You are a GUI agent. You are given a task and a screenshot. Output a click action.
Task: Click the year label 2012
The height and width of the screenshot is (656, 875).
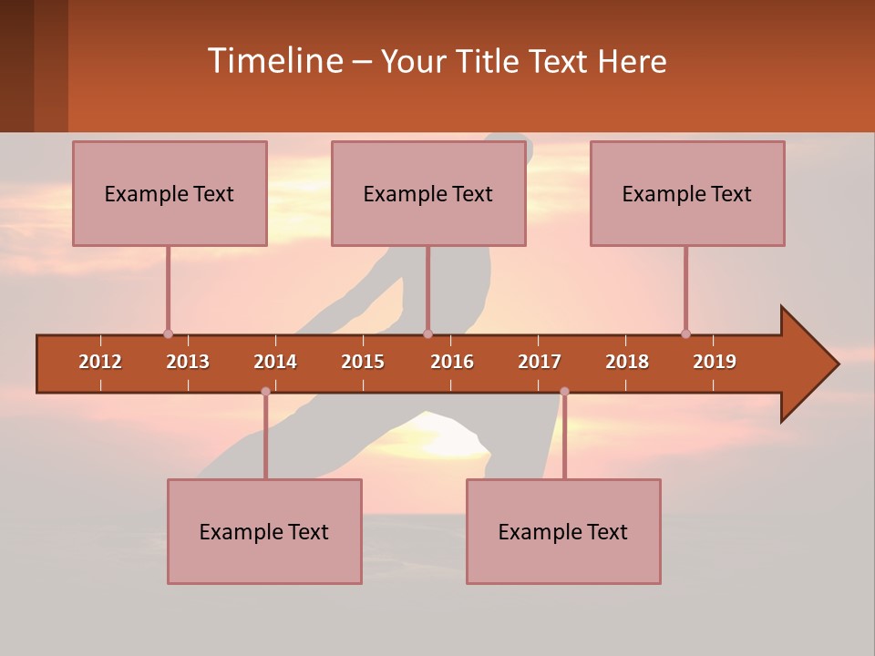(x=100, y=362)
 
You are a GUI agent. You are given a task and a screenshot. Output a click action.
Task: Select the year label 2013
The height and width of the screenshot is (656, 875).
(x=188, y=362)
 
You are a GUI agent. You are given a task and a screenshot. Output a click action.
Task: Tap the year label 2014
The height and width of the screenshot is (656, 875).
(x=275, y=362)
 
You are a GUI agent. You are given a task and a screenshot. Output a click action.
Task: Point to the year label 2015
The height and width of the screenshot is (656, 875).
(x=363, y=362)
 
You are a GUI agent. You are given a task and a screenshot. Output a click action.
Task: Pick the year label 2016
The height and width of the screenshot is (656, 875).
(x=452, y=362)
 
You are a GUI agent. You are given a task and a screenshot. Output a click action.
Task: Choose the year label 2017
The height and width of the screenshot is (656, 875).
(x=540, y=362)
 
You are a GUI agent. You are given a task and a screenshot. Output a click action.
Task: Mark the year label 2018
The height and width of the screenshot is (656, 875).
(x=627, y=362)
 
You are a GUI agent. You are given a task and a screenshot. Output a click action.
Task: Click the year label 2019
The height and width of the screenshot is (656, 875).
(x=715, y=362)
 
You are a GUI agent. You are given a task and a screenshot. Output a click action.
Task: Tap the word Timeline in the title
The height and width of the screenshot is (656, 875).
(x=273, y=61)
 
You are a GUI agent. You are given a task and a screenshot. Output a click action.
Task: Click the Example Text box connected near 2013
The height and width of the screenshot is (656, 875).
(x=170, y=193)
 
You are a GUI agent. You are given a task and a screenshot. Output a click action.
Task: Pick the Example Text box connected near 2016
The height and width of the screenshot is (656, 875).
(x=428, y=193)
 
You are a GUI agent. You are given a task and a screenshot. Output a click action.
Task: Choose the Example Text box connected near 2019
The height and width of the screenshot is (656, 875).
(x=687, y=193)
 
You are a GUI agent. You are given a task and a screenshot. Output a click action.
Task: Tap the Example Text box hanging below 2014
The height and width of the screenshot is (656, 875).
(x=264, y=531)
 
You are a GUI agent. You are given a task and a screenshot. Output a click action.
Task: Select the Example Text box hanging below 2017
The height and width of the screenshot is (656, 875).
(x=563, y=531)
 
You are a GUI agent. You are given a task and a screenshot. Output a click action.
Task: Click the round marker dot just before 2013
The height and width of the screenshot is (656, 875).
(x=168, y=333)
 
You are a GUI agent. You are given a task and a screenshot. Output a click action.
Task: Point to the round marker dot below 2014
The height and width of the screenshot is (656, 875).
(x=265, y=392)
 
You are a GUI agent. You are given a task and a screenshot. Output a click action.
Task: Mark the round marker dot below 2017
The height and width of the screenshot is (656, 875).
(x=564, y=392)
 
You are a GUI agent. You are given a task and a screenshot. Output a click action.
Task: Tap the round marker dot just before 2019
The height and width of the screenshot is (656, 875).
(x=685, y=333)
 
